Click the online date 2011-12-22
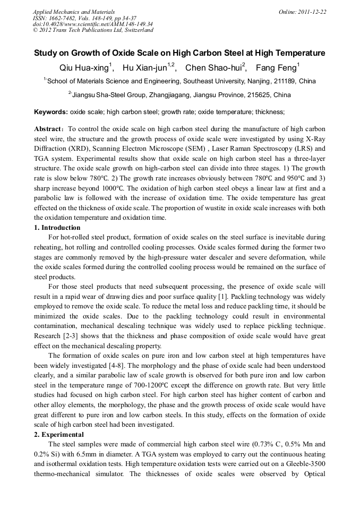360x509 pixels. [x=312, y=12]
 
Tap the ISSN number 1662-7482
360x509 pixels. [x=59, y=18]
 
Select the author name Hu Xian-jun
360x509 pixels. [x=145, y=68]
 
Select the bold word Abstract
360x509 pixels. [x=49, y=129]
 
